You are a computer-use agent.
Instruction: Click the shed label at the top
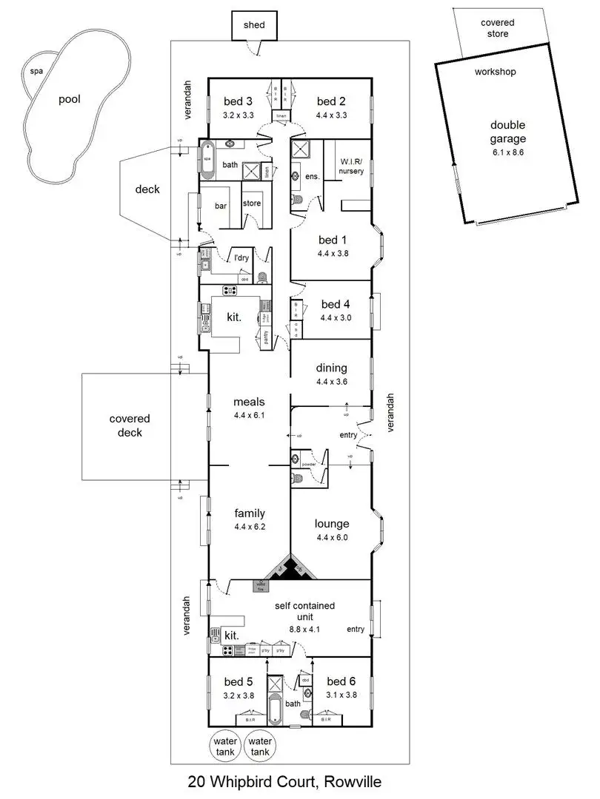[254, 26]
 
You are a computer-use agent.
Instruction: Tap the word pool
[69, 100]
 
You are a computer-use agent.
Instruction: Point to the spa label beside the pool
[35, 72]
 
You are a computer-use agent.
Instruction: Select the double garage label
[507, 132]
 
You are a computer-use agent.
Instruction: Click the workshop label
[495, 73]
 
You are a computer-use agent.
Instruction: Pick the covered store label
[498, 28]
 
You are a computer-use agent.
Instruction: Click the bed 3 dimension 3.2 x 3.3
[238, 115]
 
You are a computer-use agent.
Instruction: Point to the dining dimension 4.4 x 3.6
[331, 382]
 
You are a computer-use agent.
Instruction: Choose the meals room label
[249, 402]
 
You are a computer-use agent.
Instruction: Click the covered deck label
[130, 425]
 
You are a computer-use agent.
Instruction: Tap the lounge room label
[332, 524]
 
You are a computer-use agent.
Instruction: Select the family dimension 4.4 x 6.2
[249, 527]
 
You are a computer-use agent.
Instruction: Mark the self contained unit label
[304, 606]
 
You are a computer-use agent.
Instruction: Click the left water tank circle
[224, 746]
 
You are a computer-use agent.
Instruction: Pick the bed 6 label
[341, 681]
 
